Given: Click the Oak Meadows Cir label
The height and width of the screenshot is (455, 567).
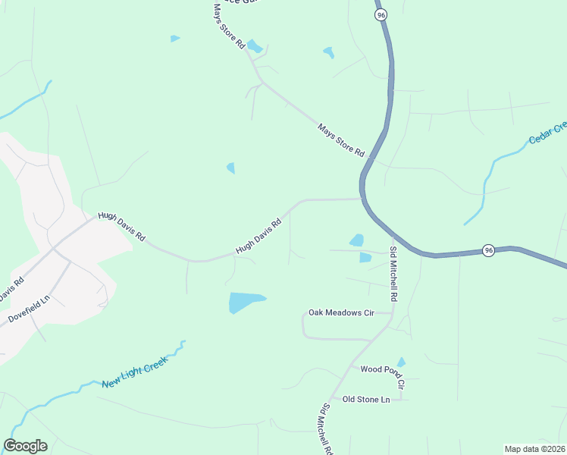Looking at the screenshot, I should (341, 312).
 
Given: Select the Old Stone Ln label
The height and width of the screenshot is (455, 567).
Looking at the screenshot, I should (365, 399).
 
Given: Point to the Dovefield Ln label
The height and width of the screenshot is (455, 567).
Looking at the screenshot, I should (30, 303).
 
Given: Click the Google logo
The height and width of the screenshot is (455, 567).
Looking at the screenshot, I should (25, 446).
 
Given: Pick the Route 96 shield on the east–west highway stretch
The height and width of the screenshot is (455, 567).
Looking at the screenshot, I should (489, 250).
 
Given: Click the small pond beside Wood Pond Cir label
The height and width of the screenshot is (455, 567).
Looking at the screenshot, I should (401, 362).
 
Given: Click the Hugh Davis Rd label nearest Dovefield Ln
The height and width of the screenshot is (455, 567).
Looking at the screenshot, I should (121, 226).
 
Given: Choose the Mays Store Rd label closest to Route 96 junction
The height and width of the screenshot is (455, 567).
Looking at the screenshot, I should (341, 141).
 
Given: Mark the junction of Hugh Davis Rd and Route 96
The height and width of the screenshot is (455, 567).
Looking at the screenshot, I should (361, 199).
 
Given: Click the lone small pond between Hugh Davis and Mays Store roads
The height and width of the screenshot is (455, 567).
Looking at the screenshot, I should (230, 168).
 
